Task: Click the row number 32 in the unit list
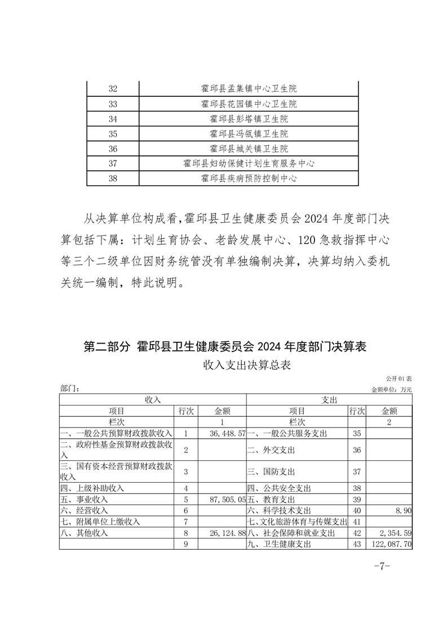pos(112,89)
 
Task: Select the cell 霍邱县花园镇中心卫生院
pos(249,104)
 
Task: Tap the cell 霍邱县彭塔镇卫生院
pos(249,119)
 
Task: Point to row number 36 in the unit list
pos(112,149)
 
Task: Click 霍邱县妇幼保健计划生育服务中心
pos(249,164)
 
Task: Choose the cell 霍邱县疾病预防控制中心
pos(249,179)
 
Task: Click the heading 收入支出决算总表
pos(248,365)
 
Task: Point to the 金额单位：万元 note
pos(392,389)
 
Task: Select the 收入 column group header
pos(153,399)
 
